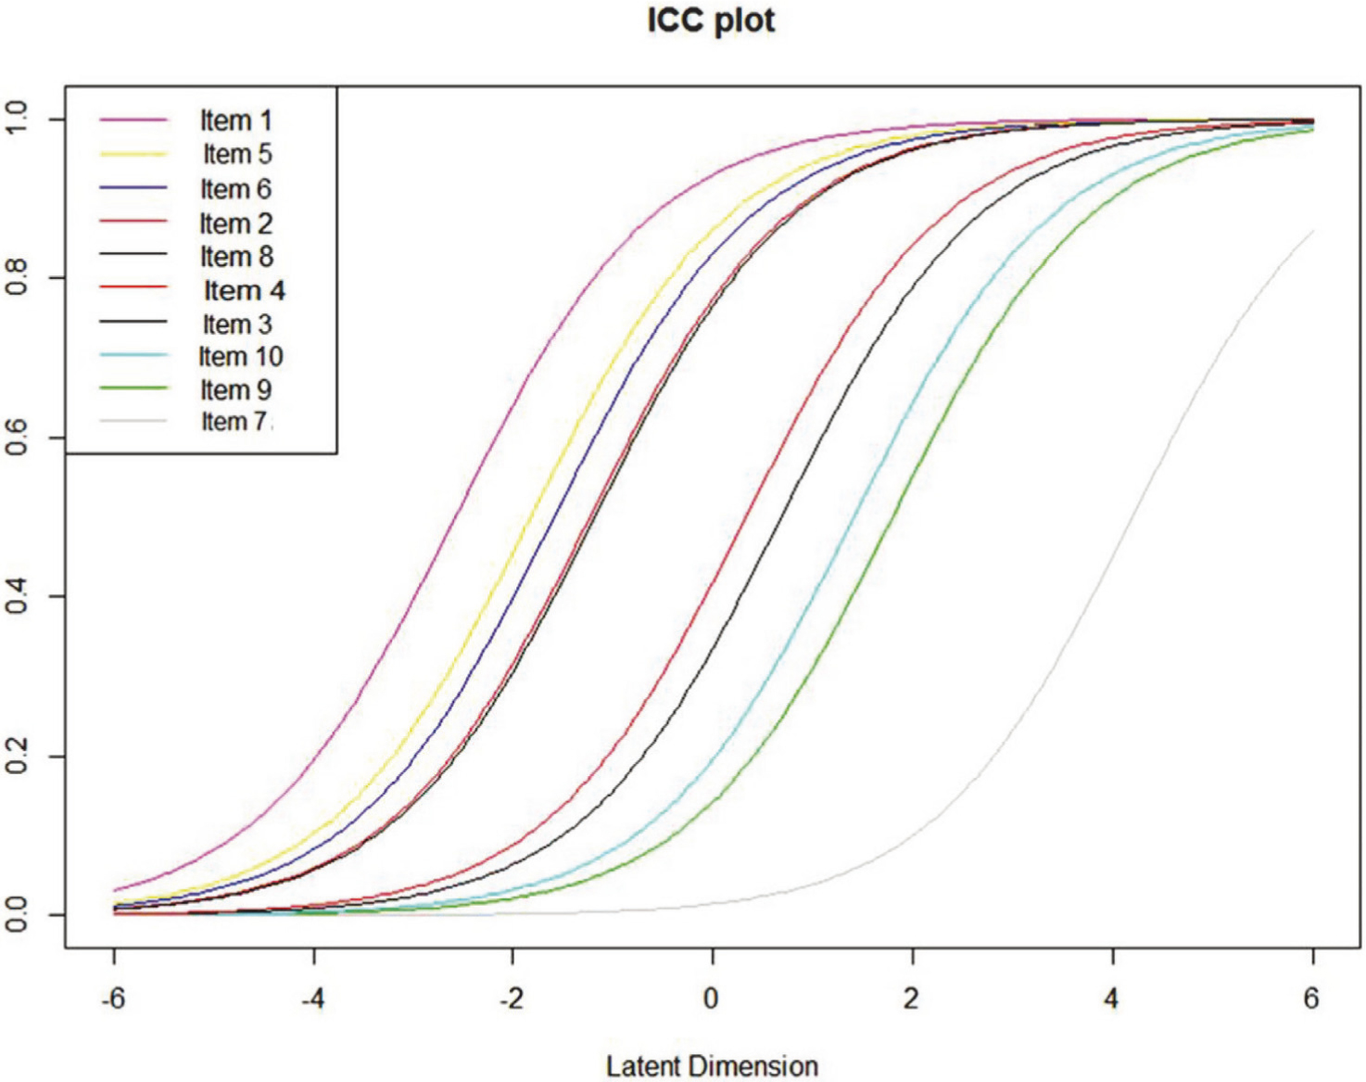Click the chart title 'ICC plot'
click(711, 20)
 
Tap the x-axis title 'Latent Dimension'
click(712, 1066)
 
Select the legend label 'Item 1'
click(235, 121)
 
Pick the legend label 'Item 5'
click(237, 154)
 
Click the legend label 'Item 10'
click(240, 357)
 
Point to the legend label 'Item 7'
click(235, 422)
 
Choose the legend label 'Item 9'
click(235, 390)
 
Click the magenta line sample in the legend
click(133, 121)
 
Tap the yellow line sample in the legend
click(133, 154)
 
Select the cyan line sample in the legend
click(133, 356)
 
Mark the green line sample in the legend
click(133, 388)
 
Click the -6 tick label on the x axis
click(113, 999)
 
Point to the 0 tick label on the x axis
click(711, 999)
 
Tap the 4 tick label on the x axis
click(1111, 999)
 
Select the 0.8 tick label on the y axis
click(17, 277)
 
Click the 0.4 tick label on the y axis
click(17, 595)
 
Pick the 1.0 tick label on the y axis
click(17, 119)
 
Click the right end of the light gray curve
click(1312, 231)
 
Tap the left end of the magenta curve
click(114, 890)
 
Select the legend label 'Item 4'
click(244, 291)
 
